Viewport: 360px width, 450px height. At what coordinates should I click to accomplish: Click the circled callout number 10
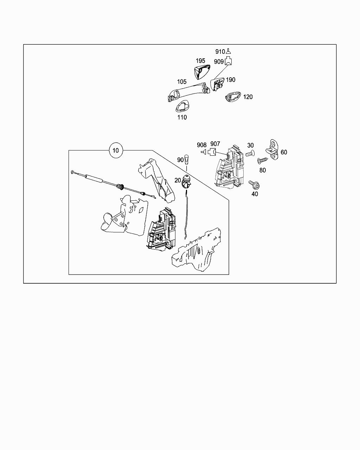(x=116, y=150)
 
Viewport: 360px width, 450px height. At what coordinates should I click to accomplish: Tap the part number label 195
(x=200, y=61)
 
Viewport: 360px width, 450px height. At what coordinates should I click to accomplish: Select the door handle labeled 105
(x=189, y=92)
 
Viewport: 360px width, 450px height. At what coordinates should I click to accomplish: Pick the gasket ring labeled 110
(x=182, y=106)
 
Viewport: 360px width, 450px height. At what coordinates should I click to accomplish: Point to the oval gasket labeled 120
(x=233, y=97)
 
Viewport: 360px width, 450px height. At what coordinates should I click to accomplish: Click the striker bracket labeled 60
(x=272, y=150)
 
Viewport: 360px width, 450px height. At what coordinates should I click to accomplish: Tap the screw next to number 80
(x=262, y=161)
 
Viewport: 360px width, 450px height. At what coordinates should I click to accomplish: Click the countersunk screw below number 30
(x=250, y=153)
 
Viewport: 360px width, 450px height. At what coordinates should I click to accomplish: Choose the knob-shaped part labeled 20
(x=187, y=182)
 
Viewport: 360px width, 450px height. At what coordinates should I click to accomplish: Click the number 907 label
(x=215, y=144)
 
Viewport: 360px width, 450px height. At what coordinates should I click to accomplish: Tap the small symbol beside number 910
(x=229, y=51)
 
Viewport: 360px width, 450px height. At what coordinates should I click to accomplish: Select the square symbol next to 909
(x=229, y=61)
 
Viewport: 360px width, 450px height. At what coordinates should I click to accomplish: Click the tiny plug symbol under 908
(x=203, y=152)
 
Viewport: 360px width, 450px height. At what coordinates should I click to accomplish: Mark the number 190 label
(x=231, y=80)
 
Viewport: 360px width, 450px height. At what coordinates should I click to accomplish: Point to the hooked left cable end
(x=72, y=172)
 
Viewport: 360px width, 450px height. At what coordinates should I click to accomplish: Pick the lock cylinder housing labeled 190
(x=218, y=84)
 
